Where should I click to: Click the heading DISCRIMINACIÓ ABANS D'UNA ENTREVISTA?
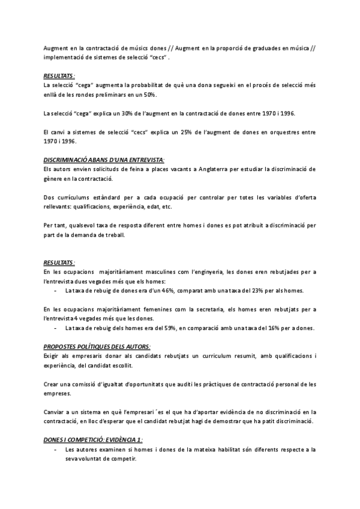pyautogui.click(x=103, y=160)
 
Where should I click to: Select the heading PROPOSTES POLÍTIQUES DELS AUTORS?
pyautogui.click(x=97, y=346)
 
